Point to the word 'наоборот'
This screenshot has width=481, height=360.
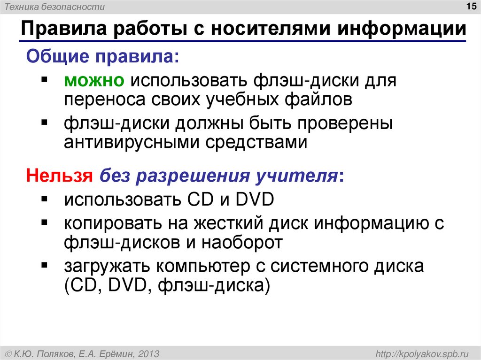[242, 242]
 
